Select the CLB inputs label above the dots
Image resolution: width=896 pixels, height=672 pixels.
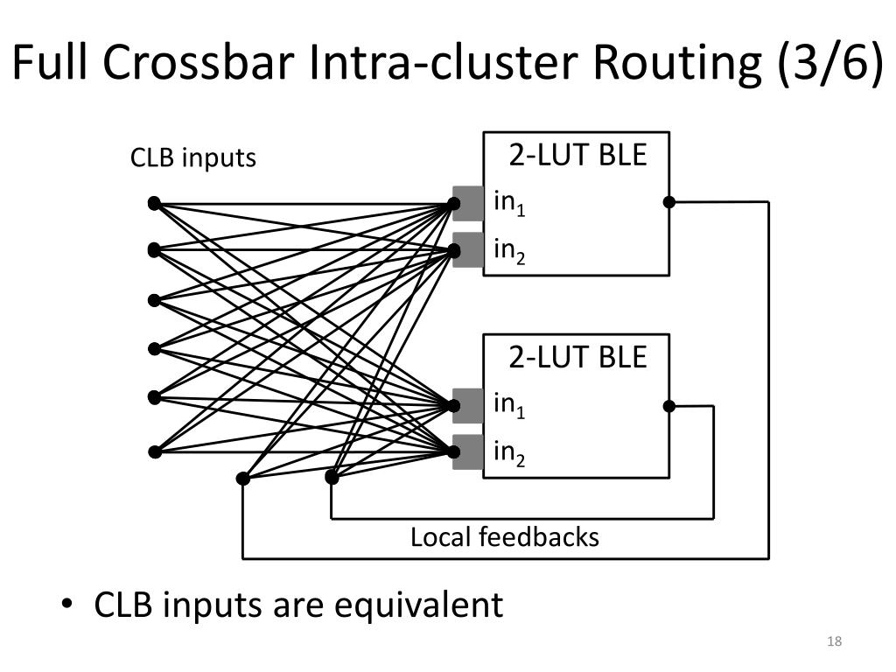(193, 157)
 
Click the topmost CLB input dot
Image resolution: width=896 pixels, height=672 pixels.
(154, 203)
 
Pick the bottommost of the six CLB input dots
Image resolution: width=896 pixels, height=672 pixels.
(154, 452)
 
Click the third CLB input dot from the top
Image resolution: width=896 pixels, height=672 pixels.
(154, 300)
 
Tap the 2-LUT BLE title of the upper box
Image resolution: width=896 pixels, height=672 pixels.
(577, 155)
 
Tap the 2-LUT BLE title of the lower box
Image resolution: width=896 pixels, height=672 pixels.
(577, 357)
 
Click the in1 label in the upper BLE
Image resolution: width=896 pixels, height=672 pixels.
(509, 203)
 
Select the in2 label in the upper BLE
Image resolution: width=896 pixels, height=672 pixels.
(509, 251)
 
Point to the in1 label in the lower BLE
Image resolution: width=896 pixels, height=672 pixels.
(509, 406)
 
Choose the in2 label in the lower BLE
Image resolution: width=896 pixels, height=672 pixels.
(509, 454)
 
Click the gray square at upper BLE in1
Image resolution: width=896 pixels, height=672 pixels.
(468, 203)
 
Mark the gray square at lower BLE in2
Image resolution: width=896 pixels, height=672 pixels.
(468, 452)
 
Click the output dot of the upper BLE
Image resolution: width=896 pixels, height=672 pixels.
(669, 202)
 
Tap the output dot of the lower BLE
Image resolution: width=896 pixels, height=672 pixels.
(669, 406)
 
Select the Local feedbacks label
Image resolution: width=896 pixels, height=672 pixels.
(505, 537)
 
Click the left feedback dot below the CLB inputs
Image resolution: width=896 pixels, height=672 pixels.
(243, 479)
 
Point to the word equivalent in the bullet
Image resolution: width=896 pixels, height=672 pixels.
(418, 605)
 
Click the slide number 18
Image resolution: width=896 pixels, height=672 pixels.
(834, 641)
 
